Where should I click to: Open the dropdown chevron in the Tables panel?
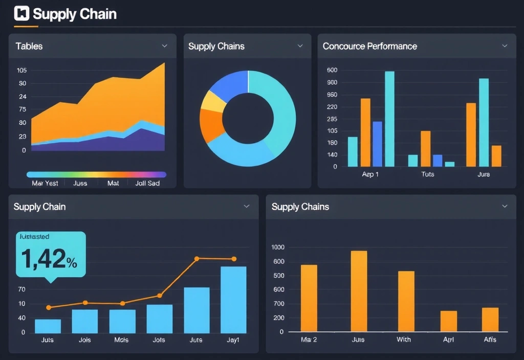pyautogui.click(x=165, y=46)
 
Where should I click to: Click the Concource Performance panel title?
pyautogui.click(x=369, y=46)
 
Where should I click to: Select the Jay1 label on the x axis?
pyautogui.click(x=233, y=340)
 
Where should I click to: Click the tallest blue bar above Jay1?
pyautogui.click(x=233, y=300)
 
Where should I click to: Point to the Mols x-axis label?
pyautogui.click(x=122, y=340)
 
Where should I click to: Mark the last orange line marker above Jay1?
pyautogui.click(x=234, y=259)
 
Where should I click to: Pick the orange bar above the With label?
pyautogui.click(x=406, y=301)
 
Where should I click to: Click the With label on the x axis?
pyautogui.click(x=404, y=340)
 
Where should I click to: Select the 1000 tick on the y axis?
pyautogui.click(x=277, y=247)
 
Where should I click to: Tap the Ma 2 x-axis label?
pyautogui.click(x=309, y=340)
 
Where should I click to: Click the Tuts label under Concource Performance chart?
pyautogui.click(x=427, y=174)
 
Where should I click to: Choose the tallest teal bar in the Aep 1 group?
pyautogui.click(x=389, y=119)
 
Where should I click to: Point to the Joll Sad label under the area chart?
pyautogui.click(x=147, y=183)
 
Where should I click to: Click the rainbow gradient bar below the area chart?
pyautogui.click(x=96, y=174)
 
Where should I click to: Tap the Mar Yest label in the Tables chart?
pyautogui.click(x=45, y=183)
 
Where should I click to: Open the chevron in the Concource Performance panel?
pyautogui.click(x=505, y=46)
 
